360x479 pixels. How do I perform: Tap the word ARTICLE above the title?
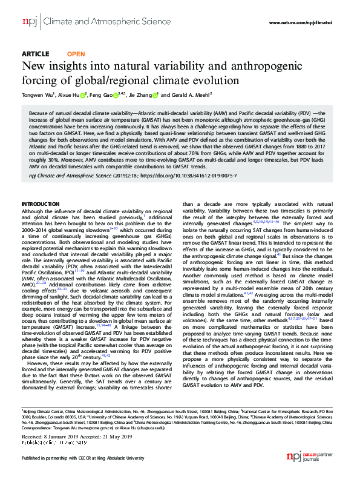pos(35,54)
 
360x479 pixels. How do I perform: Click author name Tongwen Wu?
pos(38,95)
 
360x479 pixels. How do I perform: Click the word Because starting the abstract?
pos(39,113)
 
